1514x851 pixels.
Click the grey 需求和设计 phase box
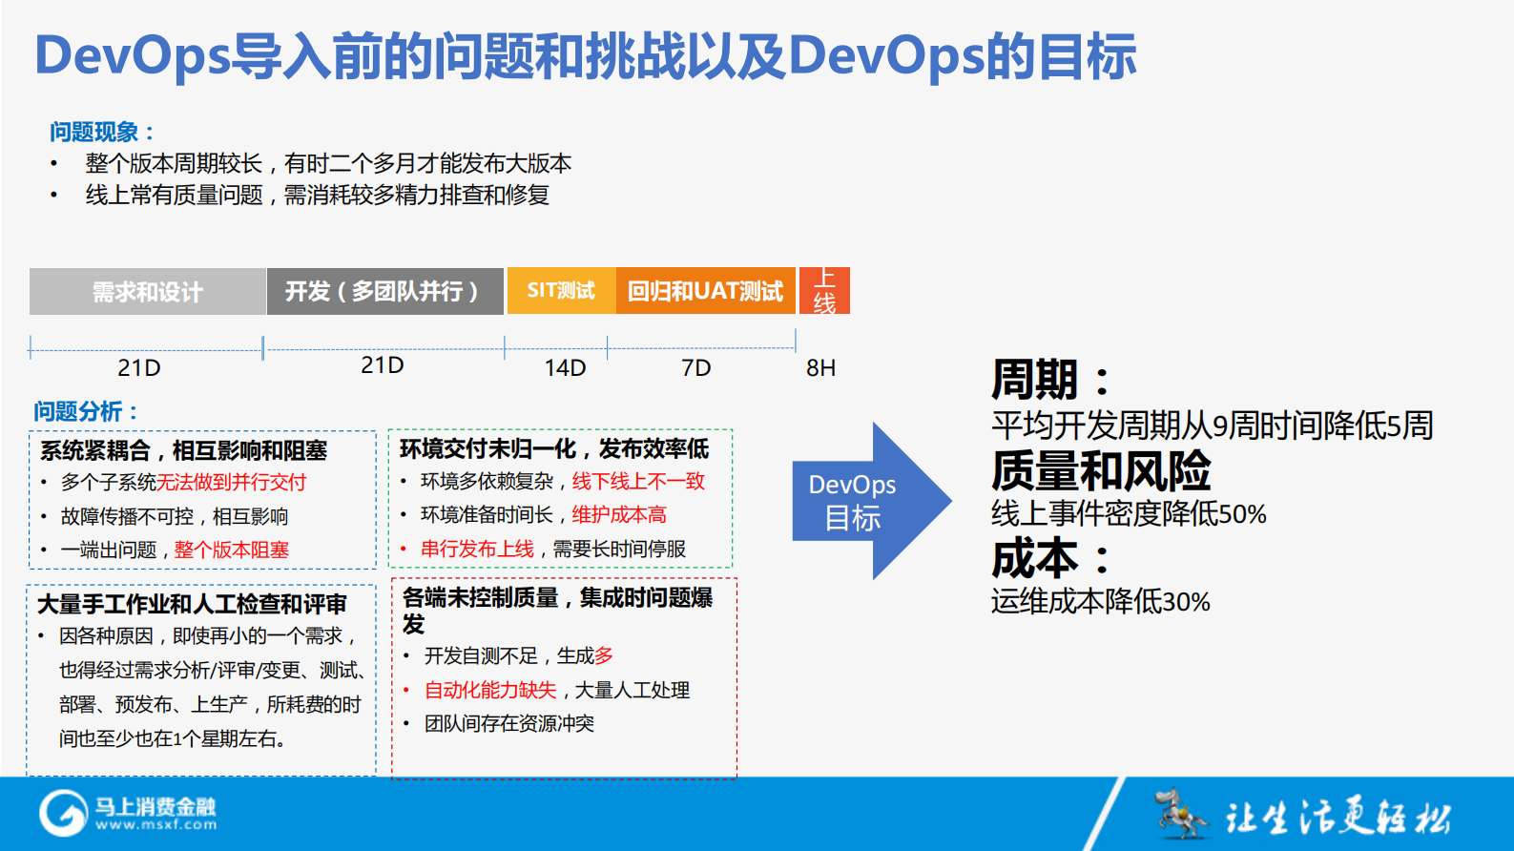[148, 291]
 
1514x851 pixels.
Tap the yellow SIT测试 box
[561, 291]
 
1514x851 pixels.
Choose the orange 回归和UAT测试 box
[705, 291]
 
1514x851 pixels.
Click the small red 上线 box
[824, 291]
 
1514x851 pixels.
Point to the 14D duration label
[565, 367]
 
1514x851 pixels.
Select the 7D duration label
[695, 367]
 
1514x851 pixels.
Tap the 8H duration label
[820, 367]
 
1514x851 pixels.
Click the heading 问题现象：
[102, 132]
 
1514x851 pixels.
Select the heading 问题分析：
[87, 411]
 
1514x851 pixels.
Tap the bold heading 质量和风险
[1101, 470]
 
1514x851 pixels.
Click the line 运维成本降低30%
[1100, 601]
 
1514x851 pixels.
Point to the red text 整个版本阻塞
[232, 550]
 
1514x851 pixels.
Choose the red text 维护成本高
[619, 515]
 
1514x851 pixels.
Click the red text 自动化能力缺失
[490, 690]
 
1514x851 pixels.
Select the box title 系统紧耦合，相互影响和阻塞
[183, 450]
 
